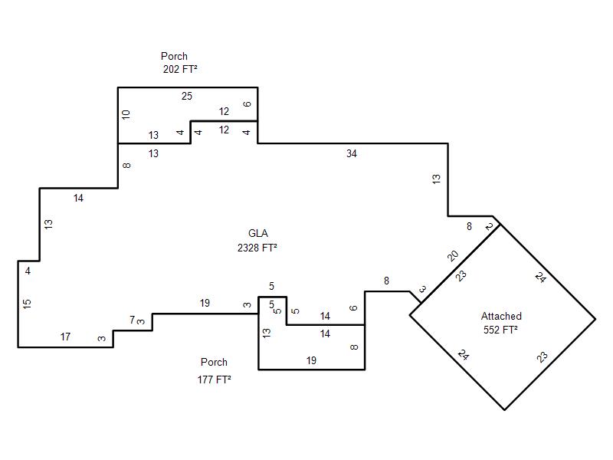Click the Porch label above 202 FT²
174,56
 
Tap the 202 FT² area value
181,69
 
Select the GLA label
257,234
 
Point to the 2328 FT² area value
257,248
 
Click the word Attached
501,316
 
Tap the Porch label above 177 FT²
214,362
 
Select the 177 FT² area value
214,379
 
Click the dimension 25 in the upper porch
187,96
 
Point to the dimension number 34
352,153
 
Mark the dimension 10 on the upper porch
126,114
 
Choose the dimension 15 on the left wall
27,304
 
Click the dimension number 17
65,337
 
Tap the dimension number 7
132,320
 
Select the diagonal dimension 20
453,255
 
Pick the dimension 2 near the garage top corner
489,226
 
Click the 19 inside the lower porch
311,360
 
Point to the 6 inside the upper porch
247,104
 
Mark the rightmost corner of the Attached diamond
595,318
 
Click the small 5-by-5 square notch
272,310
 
